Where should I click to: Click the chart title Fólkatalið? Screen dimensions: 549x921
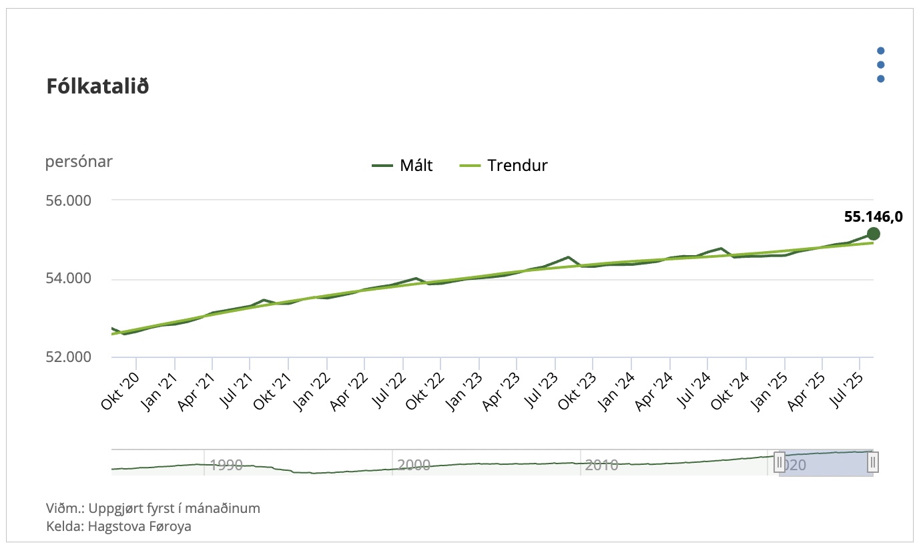point(97,87)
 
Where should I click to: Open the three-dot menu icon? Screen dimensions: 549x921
point(880,65)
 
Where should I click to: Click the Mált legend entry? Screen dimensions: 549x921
point(402,166)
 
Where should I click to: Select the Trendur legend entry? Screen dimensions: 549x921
point(504,166)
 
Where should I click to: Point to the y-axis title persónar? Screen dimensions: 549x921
point(79,162)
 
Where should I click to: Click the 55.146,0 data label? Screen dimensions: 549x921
point(873,216)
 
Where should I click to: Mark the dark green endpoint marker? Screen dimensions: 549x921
point(873,233)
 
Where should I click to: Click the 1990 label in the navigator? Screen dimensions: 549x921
point(226,465)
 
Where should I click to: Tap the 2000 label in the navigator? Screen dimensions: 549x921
point(414,465)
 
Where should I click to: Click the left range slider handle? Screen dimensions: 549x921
point(779,462)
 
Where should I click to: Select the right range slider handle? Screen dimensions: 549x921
point(873,462)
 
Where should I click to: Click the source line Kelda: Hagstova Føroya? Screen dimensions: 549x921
point(119,526)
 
